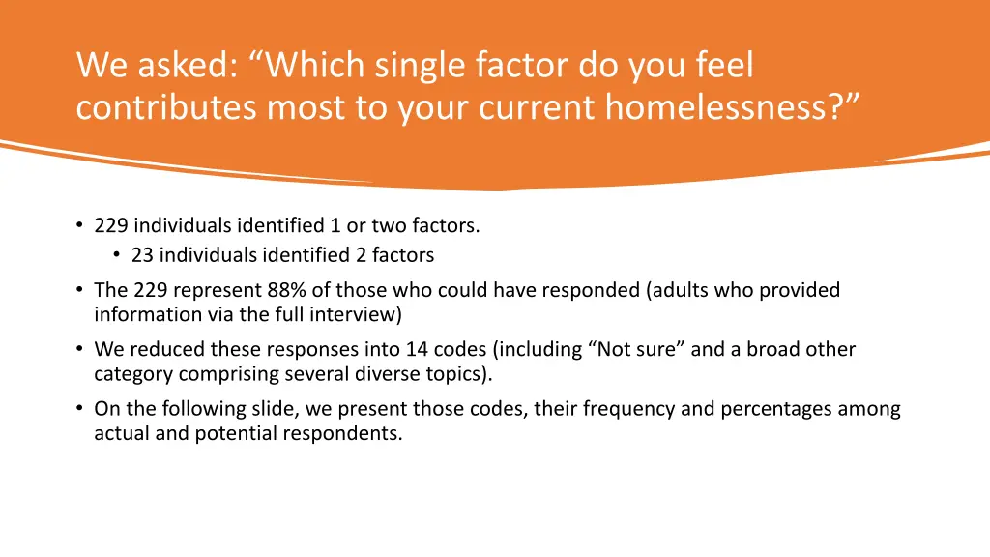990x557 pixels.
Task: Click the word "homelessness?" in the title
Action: (x=731, y=107)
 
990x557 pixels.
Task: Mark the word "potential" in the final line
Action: (x=239, y=433)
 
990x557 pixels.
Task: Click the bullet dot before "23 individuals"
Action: (x=115, y=255)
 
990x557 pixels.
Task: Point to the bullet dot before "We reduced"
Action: (x=78, y=349)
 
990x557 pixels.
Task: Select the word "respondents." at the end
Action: (x=342, y=433)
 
